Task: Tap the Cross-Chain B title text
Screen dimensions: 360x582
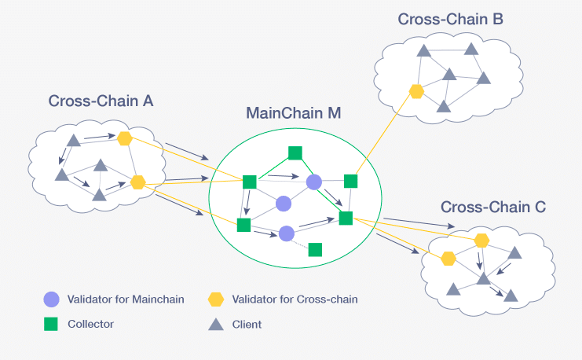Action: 450,19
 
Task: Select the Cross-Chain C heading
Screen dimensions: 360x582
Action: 493,208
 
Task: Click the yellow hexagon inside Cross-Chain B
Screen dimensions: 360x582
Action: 416,91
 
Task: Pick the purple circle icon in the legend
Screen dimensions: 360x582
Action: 51,299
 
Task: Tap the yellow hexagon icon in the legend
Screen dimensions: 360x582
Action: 215,299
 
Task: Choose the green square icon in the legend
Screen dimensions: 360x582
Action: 51,324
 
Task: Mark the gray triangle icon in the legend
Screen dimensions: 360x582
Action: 215,324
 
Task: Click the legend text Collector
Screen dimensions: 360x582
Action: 91,324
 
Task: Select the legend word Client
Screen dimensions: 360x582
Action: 247,324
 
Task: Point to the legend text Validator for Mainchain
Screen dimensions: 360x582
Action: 126,299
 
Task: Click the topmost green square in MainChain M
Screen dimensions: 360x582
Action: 295,152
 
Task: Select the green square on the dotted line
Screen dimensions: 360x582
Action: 315,250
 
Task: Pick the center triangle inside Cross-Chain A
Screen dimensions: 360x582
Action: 100,166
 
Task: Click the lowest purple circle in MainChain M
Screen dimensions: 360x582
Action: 287,233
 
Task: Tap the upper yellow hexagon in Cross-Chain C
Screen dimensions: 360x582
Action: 481,241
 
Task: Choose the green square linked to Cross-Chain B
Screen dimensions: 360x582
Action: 350,182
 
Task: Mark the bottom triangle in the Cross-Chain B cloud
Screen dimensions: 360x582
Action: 443,106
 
